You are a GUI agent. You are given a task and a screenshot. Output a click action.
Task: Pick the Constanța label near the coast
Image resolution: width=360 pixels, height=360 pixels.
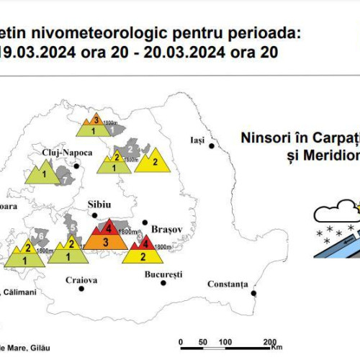pos(228,284)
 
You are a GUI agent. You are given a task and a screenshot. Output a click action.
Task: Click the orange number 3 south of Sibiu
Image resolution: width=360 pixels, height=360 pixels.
pos(106,242)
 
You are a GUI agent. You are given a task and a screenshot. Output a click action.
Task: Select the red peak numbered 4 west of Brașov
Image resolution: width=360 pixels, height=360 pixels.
pos(109,228)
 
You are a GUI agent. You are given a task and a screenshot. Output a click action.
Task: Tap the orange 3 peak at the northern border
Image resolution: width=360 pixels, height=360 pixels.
pos(95,121)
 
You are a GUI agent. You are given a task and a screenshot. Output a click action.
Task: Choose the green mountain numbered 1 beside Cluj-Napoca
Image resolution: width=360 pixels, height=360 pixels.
pos(44,174)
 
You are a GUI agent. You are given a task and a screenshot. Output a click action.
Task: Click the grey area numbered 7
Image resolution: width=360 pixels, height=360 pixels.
pos(64,181)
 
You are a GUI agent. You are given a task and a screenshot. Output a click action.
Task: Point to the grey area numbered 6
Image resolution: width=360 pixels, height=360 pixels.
pos(40,236)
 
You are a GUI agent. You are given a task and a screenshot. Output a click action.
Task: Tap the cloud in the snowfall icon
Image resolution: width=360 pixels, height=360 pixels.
pos(333,212)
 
